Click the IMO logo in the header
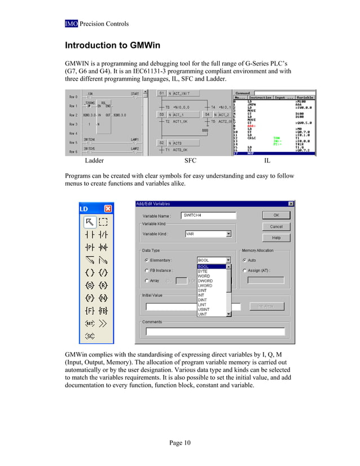tap(71, 24)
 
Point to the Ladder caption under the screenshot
tap(94, 161)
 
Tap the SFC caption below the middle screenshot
tap(190, 161)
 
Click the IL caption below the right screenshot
tap(267, 161)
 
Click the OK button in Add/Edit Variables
tap(276, 215)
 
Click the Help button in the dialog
tap(276, 238)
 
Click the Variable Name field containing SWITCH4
tap(208, 215)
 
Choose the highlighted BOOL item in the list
tap(211, 266)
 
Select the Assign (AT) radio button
tap(245, 271)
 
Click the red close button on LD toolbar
tap(107, 208)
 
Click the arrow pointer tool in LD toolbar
tap(89, 221)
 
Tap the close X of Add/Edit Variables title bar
tap(291, 204)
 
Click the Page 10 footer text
tap(180, 443)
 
